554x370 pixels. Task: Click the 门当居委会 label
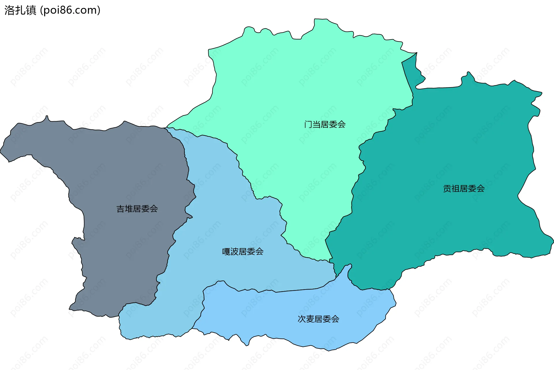[x=325, y=124]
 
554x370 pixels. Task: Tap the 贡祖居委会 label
[x=464, y=188]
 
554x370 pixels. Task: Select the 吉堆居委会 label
[x=137, y=209]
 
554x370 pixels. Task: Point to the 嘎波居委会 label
[x=243, y=251]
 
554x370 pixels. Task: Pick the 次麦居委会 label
[x=318, y=319]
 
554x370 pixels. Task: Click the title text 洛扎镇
[x=20, y=10]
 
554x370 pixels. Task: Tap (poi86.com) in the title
[x=70, y=10]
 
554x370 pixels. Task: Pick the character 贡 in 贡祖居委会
[x=447, y=188]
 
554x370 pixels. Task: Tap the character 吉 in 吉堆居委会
[x=120, y=209]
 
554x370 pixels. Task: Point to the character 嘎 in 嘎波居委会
[x=226, y=251]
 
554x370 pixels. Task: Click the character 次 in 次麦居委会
[x=302, y=319]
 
